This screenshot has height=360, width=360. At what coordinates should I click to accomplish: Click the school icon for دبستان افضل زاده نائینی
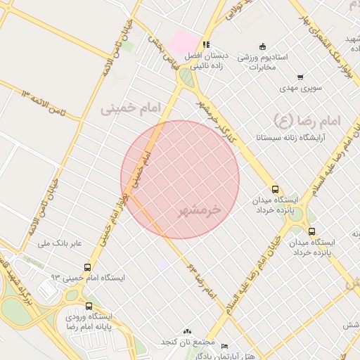click(x=206, y=44)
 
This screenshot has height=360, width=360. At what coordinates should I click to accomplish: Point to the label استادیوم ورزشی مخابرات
click(x=262, y=61)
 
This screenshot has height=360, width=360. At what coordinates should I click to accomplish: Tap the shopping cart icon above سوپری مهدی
click(x=300, y=77)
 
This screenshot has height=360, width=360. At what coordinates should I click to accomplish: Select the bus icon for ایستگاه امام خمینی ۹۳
click(x=87, y=267)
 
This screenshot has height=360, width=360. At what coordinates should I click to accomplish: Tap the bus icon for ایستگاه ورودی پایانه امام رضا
click(x=89, y=306)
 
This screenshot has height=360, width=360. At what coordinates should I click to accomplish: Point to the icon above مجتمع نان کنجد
click(x=187, y=331)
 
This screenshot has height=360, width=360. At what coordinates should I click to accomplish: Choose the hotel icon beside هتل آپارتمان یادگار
click(x=224, y=347)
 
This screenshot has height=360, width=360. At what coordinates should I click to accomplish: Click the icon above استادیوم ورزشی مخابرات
click(x=262, y=46)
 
